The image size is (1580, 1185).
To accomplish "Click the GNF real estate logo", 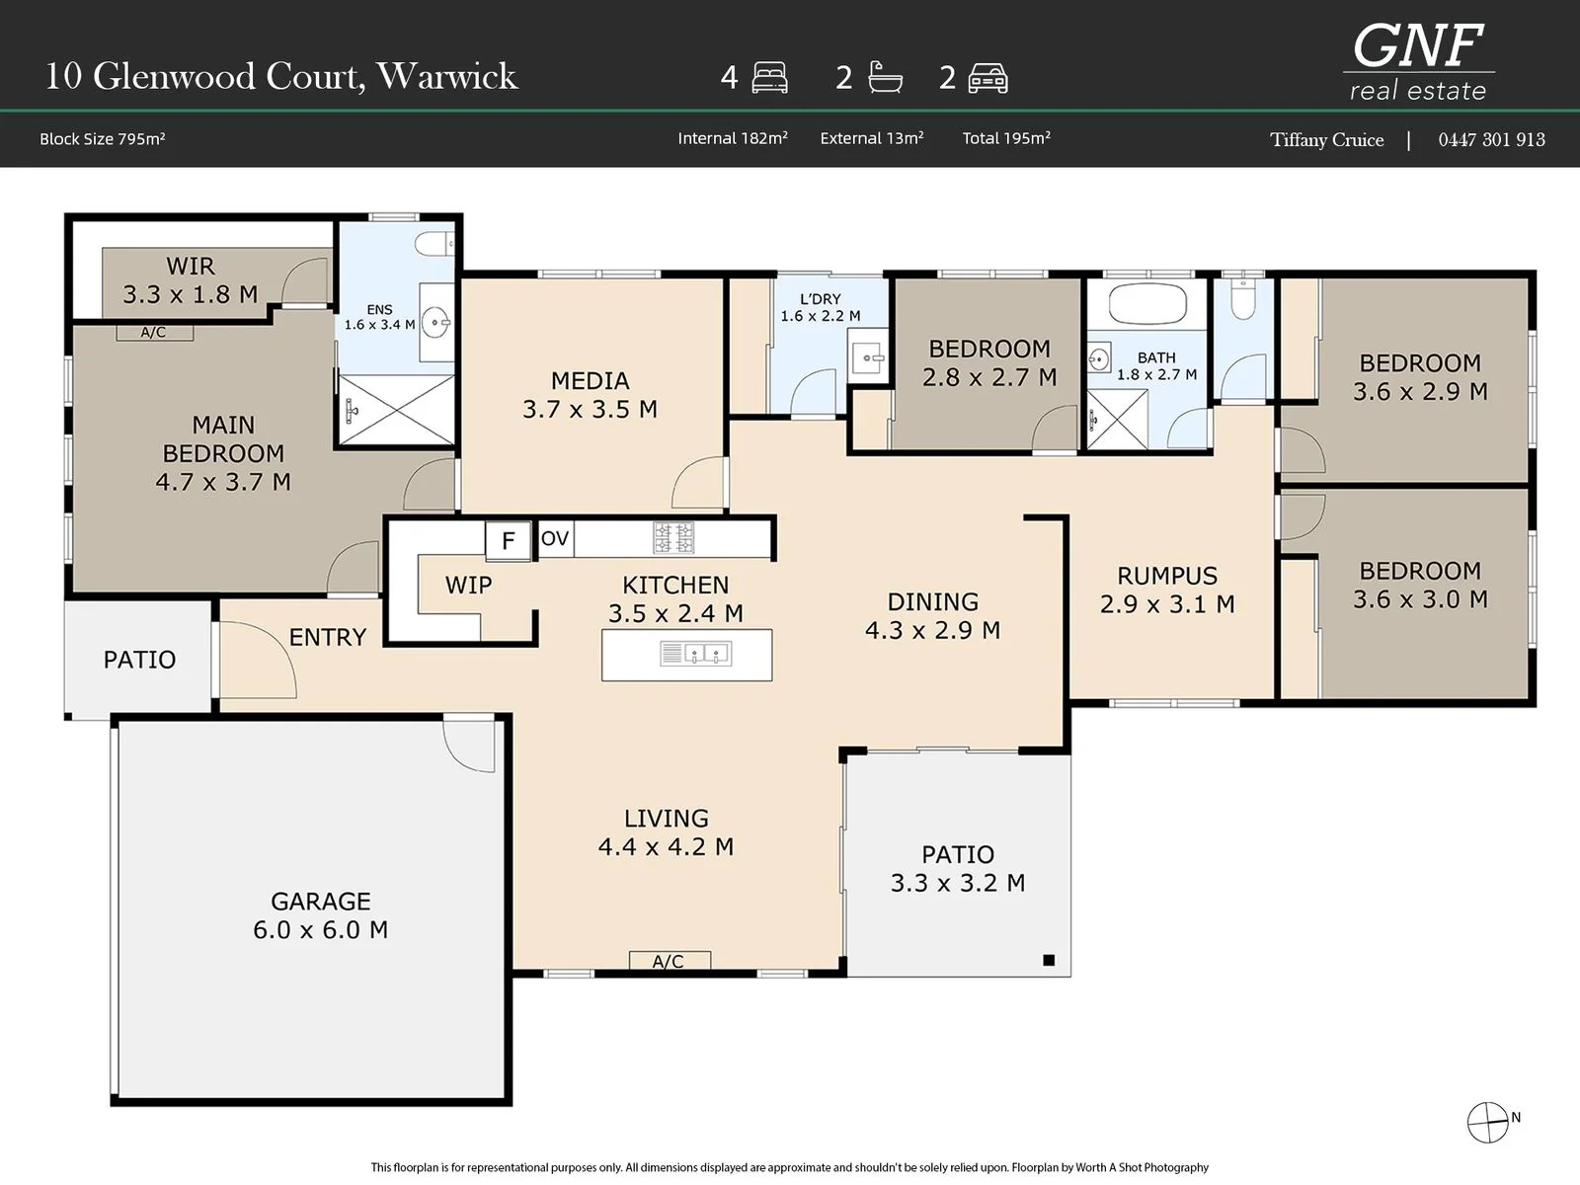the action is click(1418, 62).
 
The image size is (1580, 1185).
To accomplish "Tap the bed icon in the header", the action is click(769, 78).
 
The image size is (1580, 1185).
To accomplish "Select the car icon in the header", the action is click(987, 78).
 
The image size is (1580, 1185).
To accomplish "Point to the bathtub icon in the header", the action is click(886, 77).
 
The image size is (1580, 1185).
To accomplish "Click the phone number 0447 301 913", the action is click(1491, 139).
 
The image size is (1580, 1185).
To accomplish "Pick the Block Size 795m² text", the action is click(103, 139).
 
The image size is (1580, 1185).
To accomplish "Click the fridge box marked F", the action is click(509, 539).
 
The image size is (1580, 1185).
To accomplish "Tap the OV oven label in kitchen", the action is click(555, 538).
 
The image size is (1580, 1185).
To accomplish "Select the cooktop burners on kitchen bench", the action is click(673, 537).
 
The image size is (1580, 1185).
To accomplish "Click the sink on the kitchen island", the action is click(695, 654).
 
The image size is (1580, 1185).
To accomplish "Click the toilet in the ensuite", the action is click(434, 244).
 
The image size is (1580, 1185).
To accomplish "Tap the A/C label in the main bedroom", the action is click(153, 333).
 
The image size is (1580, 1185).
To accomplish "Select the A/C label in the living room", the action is click(669, 961).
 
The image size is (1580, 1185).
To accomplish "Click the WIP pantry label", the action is click(469, 585).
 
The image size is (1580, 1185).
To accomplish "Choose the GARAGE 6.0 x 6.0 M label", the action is click(320, 915).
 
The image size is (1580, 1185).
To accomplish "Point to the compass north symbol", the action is click(1488, 1123).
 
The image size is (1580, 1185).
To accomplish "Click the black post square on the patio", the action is click(1049, 960).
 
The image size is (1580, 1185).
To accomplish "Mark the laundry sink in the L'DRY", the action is click(867, 356).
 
